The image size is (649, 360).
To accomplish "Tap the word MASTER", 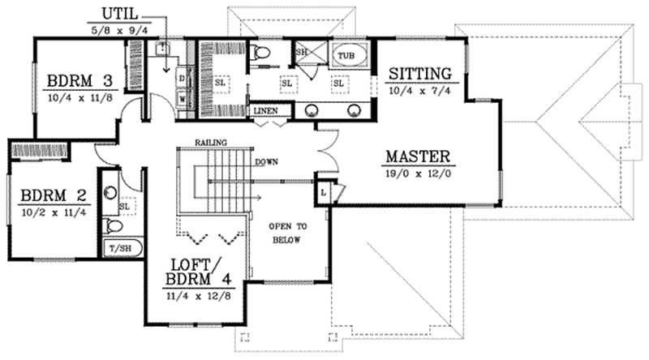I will click(x=418, y=156).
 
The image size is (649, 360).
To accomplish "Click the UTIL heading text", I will click(x=119, y=14).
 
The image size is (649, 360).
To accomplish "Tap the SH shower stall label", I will click(x=301, y=52).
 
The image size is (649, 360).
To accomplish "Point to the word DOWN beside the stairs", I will click(x=266, y=161).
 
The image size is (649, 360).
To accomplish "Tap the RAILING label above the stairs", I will click(x=209, y=143).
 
